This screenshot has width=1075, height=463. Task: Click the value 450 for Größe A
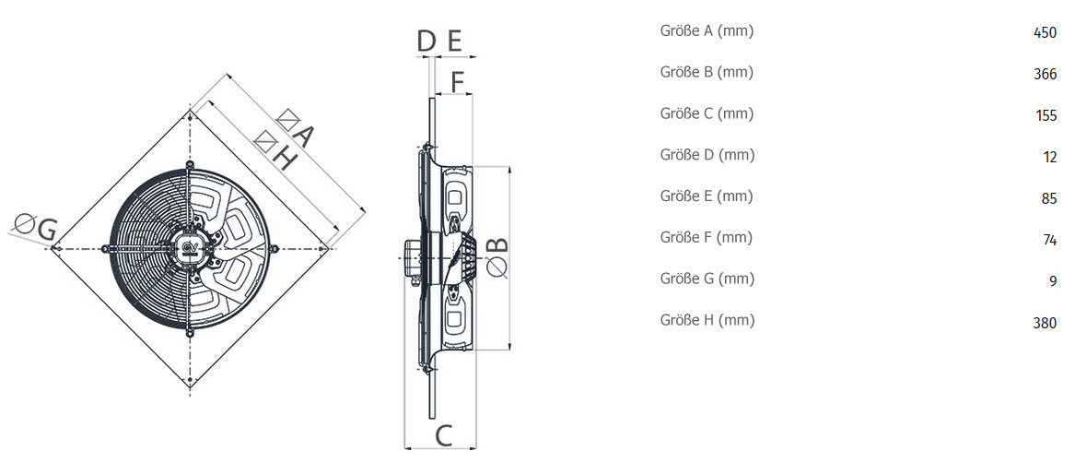(x=1045, y=33)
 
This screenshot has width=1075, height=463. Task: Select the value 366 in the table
(x=1045, y=74)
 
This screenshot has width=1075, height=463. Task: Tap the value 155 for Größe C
(x=1046, y=115)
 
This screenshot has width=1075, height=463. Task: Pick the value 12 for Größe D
(x=1049, y=157)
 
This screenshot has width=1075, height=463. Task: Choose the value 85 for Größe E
(x=1049, y=198)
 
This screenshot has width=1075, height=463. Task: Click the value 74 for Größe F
(x=1049, y=240)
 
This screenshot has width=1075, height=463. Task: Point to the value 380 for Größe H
(x=1045, y=322)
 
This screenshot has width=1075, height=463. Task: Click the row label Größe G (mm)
(x=707, y=279)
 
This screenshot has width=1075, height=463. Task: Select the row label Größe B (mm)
(x=707, y=72)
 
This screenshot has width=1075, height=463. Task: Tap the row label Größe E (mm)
(x=707, y=196)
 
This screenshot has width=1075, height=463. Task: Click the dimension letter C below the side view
(x=444, y=434)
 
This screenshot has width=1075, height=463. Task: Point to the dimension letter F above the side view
(x=458, y=82)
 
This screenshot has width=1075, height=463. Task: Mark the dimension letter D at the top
(x=426, y=42)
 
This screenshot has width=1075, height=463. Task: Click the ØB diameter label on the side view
(x=498, y=257)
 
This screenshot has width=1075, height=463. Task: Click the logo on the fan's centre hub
(x=190, y=248)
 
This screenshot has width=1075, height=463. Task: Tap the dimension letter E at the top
(x=454, y=42)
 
